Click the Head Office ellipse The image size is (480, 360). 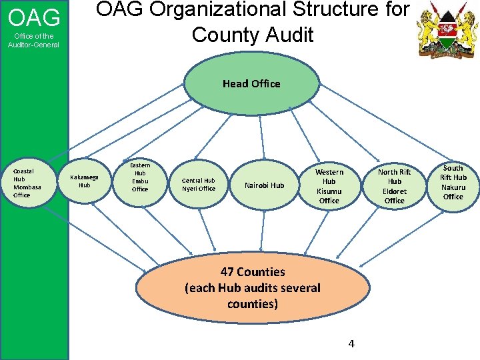(251, 83)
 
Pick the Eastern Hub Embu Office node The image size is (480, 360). (140, 177)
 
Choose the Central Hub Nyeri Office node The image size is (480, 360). (199, 184)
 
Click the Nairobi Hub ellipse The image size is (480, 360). (264, 185)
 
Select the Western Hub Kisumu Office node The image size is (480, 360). (329, 186)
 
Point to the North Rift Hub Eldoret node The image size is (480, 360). (394, 186)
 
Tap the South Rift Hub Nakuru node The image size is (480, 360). (453, 182)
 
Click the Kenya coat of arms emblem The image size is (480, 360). (443, 29)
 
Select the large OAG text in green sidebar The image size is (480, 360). (34, 17)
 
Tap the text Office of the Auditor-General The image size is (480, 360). (34, 40)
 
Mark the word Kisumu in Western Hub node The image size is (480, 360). (329, 191)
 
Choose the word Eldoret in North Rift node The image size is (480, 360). (395, 191)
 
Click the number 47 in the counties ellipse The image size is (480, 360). (227, 272)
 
